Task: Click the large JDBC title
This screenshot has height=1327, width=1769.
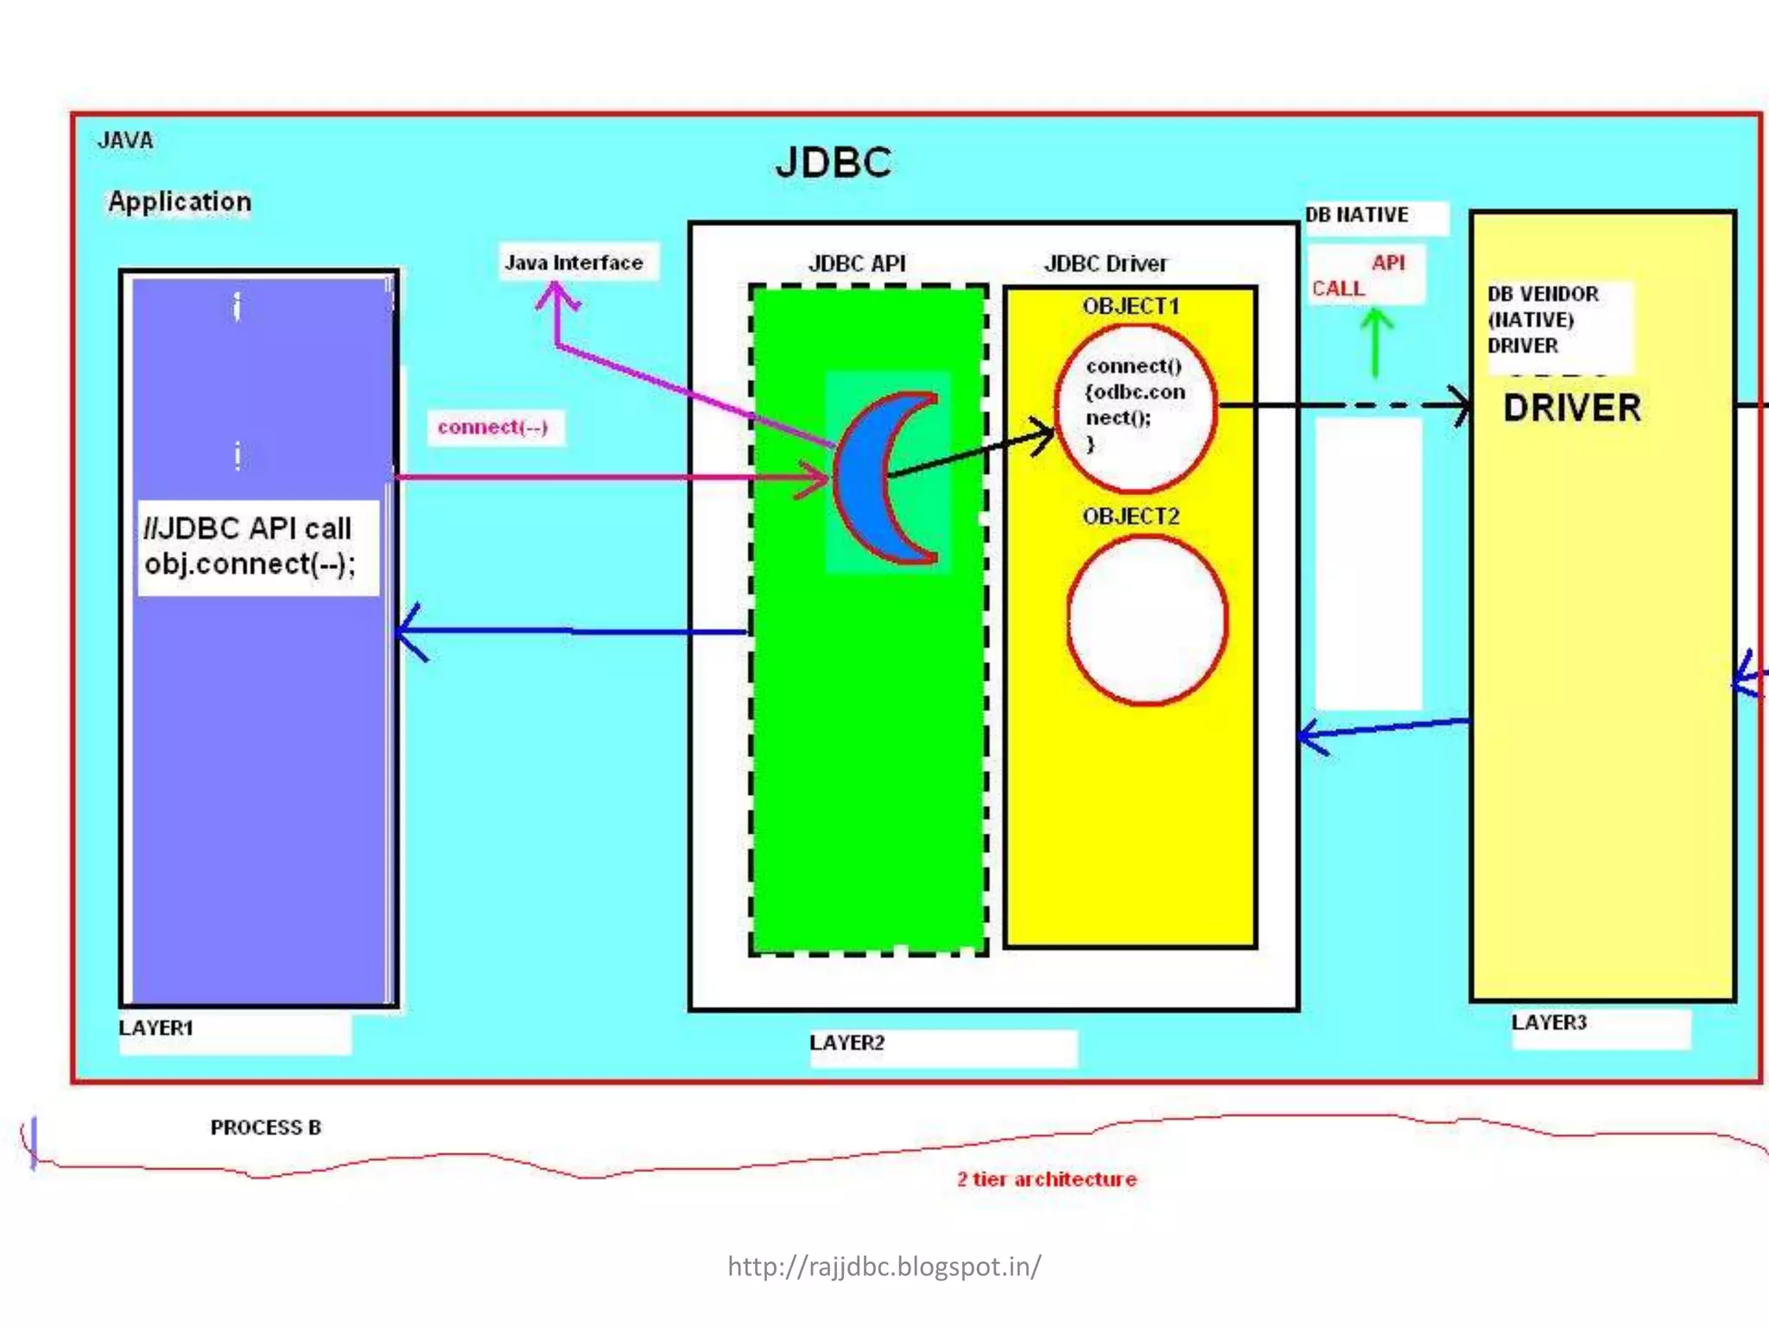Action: coord(834,162)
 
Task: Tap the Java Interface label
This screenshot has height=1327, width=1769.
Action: coord(574,263)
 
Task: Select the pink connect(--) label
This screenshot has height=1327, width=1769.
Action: coord(493,428)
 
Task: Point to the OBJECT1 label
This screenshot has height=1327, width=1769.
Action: coord(1131,307)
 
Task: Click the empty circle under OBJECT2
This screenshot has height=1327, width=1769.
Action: coord(1147,619)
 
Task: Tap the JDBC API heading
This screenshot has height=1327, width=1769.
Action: coord(857,263)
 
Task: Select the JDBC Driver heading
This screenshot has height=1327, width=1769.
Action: coord(1106,263)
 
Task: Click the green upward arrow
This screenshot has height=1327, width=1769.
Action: coord(1377,342)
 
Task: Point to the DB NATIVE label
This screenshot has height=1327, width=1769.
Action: coord(1357,215)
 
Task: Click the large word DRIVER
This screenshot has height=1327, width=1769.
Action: coord(1572,409)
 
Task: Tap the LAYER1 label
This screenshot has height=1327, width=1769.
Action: coord(156,1028)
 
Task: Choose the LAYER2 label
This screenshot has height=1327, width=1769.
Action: coord(847,1043)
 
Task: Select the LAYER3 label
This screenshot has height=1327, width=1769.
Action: coord(1549,1023)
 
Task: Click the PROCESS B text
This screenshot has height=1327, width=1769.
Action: coord(266,1127)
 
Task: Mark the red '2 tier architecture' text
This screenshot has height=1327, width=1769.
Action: coord(1047,1179)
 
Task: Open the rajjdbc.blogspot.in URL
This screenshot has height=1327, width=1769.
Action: coord(884,1267)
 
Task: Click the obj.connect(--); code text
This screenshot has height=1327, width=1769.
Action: coord(250,564)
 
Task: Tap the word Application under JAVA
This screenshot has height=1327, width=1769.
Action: coord(180,201)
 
